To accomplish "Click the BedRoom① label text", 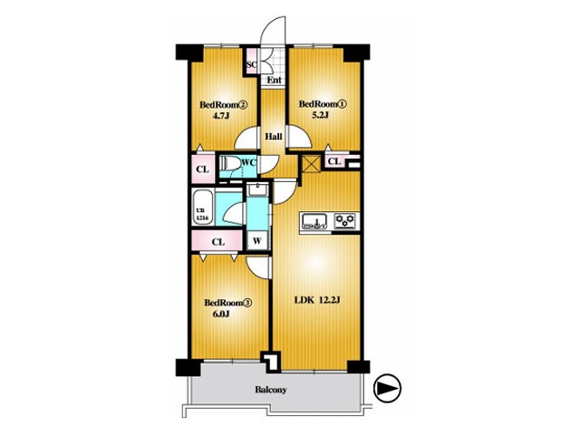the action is pos(323,104).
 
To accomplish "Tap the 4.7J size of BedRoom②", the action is pos(221,116).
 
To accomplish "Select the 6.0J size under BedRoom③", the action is pos(221,314).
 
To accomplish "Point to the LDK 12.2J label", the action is pos(317,300).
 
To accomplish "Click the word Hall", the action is pos(274,137).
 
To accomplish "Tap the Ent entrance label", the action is pos(274,80).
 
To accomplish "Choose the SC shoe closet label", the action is pos(252,64).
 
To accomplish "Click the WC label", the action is pos(249,162).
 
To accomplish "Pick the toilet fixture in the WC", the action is pos(228,162).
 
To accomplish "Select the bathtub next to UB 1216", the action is pos(202,207).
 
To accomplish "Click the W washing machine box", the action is pos(257,241).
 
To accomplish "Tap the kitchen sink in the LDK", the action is pos(314,221).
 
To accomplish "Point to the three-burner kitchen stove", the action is pos(346,221).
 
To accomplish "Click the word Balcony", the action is pos(271,390).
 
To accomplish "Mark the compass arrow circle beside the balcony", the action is pos(387,388).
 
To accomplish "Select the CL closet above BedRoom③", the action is pos(217,242).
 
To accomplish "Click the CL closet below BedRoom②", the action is pos(203,169).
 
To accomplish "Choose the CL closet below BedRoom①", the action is pos(334,161).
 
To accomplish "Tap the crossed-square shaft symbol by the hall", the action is pos(310,164).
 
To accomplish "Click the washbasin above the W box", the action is pos(257,189).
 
